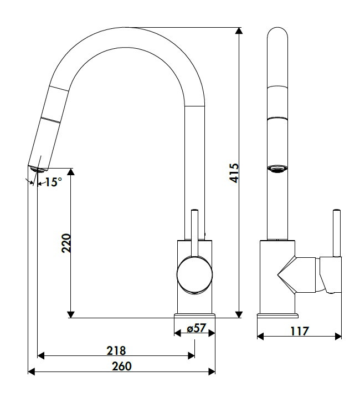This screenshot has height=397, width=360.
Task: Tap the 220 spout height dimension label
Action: [x=66, y=243]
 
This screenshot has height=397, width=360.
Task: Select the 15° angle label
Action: [x=53, y=182]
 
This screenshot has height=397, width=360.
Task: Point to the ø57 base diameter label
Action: [x=196, y=328]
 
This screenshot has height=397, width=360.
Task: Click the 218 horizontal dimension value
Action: [x=116, y=350]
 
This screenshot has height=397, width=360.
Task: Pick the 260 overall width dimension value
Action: [x=121, y=366]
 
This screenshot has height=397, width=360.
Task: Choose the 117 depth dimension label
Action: [x=299, y=331]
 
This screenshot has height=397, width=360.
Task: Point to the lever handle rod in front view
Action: [x=336, y=233]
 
